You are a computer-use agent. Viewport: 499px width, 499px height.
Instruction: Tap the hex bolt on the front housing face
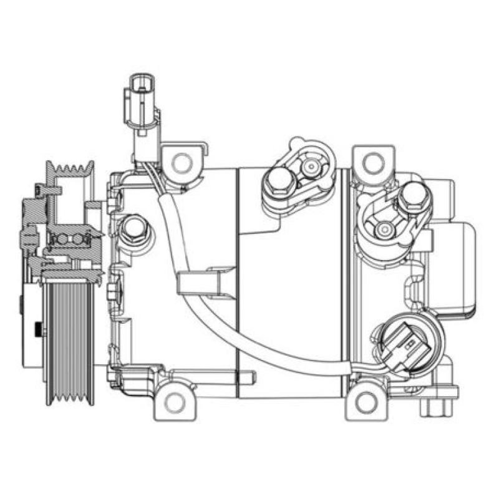(132, 231)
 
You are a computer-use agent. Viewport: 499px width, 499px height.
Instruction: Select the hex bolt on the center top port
(278, 182)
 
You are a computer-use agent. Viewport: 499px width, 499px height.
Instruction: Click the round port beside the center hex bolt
(310, 167)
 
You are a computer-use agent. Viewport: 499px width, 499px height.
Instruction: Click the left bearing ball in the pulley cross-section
(61, 239)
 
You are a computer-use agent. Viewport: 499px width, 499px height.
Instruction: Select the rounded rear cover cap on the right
(458, 268)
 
